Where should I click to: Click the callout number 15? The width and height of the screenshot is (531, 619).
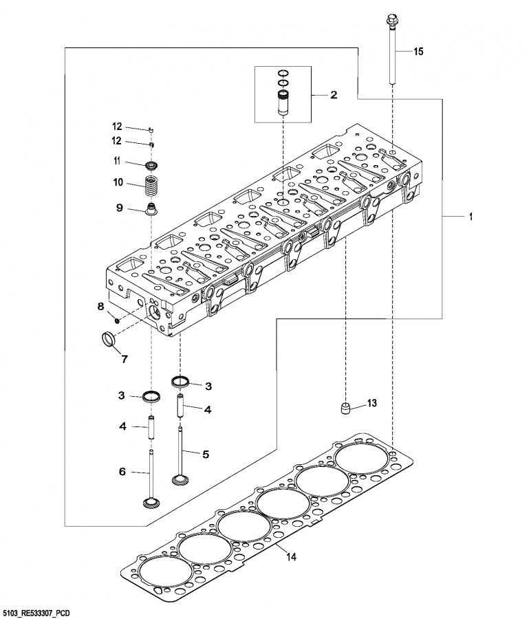pos(418,52)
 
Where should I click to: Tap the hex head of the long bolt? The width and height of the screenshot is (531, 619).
pos(391,18)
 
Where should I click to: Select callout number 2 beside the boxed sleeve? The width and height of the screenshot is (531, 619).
pos(334,95)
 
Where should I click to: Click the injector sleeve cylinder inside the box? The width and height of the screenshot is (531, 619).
pos(283,103)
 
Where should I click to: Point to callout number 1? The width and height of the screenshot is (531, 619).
pos(470,217)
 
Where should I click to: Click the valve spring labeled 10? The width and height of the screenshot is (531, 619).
pos(151,185)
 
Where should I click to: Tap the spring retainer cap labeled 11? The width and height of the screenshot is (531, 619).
pos(151,164)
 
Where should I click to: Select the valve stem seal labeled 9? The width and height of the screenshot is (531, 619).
pos(151,209)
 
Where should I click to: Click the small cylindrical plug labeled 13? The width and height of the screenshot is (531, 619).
pos(346,408)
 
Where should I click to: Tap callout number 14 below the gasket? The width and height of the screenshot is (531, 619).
pos(291,557)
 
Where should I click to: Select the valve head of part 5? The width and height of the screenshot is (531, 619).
pos(181,479)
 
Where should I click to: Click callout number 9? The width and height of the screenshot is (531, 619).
pos(119,208)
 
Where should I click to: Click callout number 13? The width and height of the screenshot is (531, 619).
pos(372,403)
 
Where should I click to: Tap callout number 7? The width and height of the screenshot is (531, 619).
pos(124,359)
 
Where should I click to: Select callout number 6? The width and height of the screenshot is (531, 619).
pos(122,471)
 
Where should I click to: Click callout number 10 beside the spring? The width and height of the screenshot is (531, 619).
pos(118,182)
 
